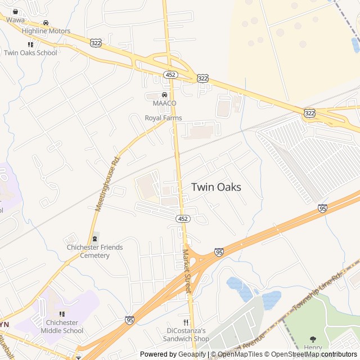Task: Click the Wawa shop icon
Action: click(15, 11)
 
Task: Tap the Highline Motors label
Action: click(46, 31)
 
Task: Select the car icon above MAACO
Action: click(164, 95)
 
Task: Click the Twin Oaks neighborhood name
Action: click(216, 187)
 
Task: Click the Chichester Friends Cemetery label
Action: click(94, 251)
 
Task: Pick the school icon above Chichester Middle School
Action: click(62, 314)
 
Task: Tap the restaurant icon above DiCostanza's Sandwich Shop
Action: click(186, 322)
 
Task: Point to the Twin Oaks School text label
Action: click(30, 53)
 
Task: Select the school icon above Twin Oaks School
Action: click(30, 44)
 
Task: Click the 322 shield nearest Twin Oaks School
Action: click(96, 43)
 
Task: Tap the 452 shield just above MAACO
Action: click(170, 74)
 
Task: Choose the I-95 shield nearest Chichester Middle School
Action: click(129, 319)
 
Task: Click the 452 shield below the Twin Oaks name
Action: click(182, 218)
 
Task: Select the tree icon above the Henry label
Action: click(313, 339)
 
